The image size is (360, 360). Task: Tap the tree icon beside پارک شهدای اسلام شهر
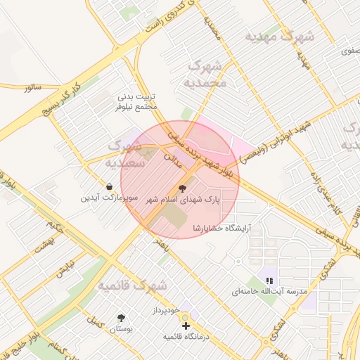coord(184,188)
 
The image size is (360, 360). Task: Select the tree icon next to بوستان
coord(122,318)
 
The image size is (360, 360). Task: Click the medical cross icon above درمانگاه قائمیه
coord(186,326)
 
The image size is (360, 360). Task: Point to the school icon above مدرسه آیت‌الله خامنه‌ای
coord(269,280)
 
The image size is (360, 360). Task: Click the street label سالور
coord(32,88)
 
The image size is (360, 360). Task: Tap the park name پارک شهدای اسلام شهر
coord(183,200)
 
